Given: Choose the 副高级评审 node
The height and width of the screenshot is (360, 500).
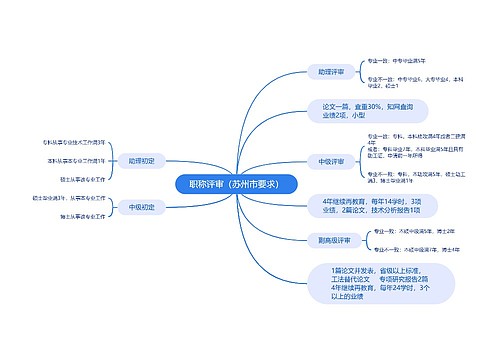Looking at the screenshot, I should [x=333, y=240].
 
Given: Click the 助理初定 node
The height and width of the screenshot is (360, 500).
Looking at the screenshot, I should [x=142, y=160].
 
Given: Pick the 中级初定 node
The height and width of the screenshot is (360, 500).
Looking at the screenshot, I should [x=142, y=207].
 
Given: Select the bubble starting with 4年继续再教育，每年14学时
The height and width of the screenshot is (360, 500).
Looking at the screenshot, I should [x=358, y=206].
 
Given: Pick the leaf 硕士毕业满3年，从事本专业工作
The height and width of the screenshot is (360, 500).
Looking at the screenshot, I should [x=70, y=198].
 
